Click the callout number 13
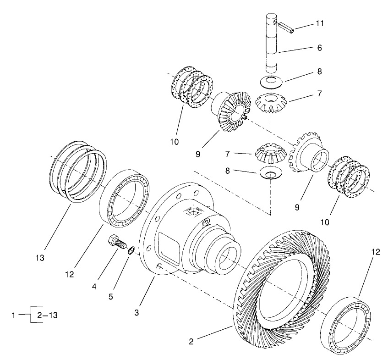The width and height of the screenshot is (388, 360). (x=40, y=258)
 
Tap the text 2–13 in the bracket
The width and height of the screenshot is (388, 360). (x=47, y=315)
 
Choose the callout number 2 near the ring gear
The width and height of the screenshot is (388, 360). (x=192, y=341)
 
